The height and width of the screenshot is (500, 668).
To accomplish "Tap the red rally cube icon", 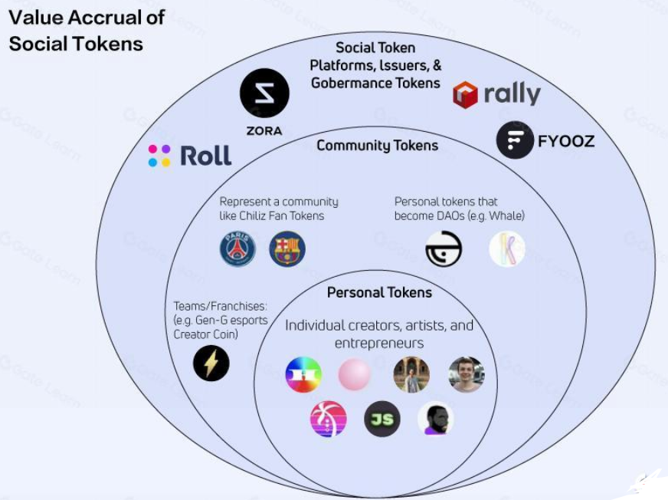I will click(x=465, y=95).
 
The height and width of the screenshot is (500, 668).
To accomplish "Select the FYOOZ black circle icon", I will click(x=515, y=140).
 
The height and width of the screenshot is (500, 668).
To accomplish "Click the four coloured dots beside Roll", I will click(x=159, y=156).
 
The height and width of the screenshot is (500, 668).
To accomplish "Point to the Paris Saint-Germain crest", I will click(x=237, y=249).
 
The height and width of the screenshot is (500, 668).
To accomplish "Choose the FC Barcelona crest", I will click(x=287, y=249).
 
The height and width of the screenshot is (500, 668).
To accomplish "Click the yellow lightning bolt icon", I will click(x=211, y=363).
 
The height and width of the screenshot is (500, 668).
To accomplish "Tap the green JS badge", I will click(x=381, y=419).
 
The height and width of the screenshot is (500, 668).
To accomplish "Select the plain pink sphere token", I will click(x=355, y=375).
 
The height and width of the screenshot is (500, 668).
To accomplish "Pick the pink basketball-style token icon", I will click(x=328, y=419).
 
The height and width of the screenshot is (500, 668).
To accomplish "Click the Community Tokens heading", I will click(x=378, y=146).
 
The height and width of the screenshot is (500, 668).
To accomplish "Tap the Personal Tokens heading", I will click(x=379, y=293).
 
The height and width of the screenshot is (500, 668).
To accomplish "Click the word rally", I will click(x=512, y=94).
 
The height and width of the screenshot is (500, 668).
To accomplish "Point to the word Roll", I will click(x=205, y=156).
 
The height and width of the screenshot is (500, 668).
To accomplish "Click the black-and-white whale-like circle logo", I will click(x=444, y=249).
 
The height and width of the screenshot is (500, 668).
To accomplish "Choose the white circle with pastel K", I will click(x=507, y=249).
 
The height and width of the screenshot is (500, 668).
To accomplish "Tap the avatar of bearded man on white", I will click(x=435, y=419).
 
